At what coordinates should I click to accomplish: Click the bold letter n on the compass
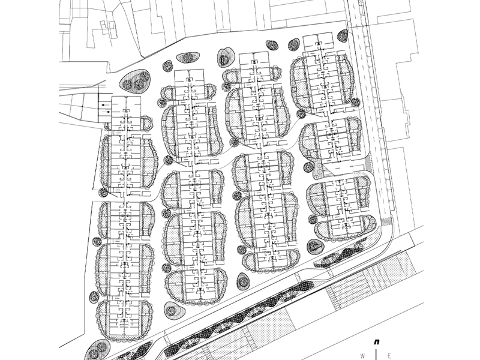tap(377, 342)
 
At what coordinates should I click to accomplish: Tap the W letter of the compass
tap(363, 356)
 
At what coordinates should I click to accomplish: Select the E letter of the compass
tap(389, 356)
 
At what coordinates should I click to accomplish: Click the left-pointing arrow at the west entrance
tap(104, 105)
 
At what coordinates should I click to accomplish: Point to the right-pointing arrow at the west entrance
tap(107, 112)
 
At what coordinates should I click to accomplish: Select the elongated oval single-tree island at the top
tap(188, 57)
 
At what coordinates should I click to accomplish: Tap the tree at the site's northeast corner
tap(343, 36)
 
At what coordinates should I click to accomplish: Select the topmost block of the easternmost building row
tap(318, 43)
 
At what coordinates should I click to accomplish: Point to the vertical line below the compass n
tap(376, 353)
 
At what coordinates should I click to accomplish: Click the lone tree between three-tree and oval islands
tap(167, 66)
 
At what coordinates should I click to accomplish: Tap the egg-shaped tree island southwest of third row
tap(243, 282)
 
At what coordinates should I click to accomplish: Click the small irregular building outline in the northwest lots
tap(109, 28)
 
